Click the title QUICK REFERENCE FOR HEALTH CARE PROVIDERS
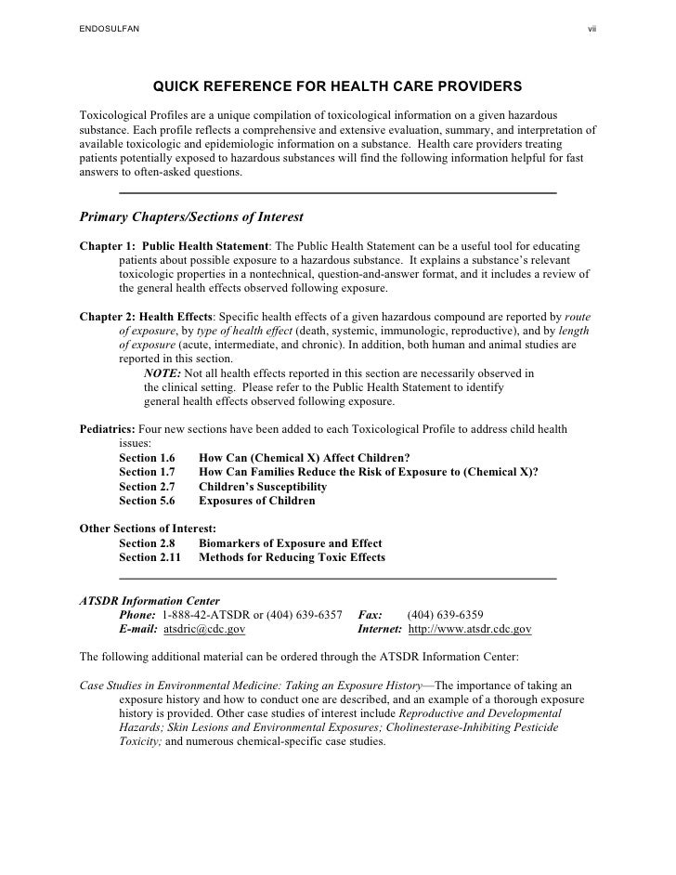coord(337,87)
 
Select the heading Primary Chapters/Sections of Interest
coord(192,217)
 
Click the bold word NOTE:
coord(162,373)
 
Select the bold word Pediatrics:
coord(108,430)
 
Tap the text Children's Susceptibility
coord(263,487)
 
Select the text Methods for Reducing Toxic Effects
coord(292,557)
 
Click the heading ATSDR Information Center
coord(149,601)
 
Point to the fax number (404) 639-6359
coord(444,615)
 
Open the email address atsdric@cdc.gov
coord(204,629)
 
